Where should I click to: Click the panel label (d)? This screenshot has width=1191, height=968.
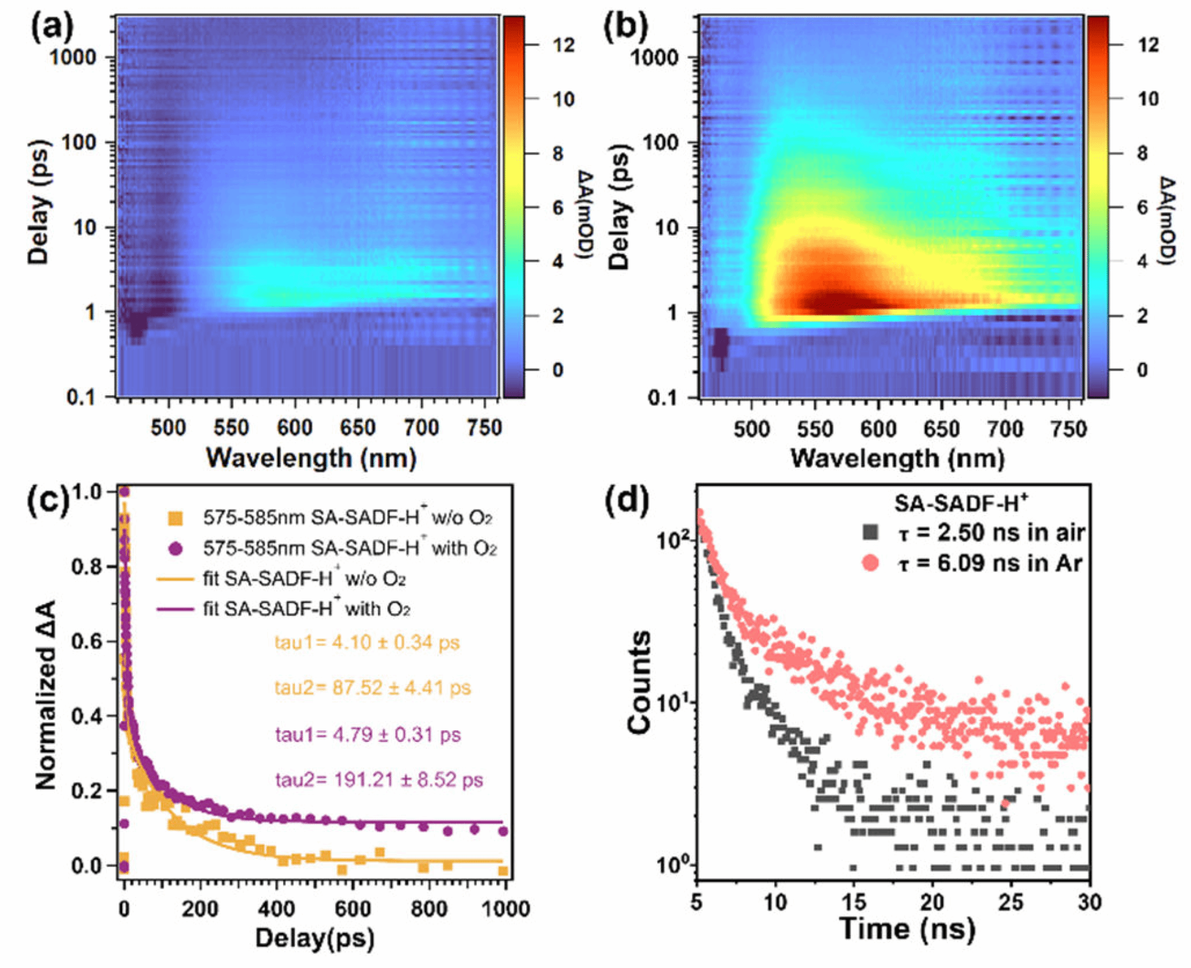(x=627, y=502)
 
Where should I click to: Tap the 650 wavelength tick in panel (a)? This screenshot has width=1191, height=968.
(x=358, y=428)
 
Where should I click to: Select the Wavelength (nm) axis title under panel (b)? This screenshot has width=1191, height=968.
(x=897, y=459)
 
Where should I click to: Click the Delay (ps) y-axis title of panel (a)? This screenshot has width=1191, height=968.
(x=38, y=202)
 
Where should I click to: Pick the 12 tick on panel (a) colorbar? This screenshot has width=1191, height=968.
(x=563, y=45)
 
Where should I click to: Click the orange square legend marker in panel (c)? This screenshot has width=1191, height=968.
(x=175, y=517)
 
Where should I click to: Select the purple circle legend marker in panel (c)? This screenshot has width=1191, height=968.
(x=175, y=548)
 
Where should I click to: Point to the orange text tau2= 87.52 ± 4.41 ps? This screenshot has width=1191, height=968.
(x=372, y=688)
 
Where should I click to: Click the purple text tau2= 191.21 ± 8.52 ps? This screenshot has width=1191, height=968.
(x=379, y=780)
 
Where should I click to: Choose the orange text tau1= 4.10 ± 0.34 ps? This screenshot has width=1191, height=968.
(x=367, y=643)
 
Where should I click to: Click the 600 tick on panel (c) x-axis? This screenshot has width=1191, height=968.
(x=352, y=908)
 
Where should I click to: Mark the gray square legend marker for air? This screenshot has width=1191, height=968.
(x=870, y=531)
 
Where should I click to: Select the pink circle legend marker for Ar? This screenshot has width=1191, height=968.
(x=870, y=563)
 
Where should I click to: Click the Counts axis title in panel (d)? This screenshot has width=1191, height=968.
(x=639, y=681)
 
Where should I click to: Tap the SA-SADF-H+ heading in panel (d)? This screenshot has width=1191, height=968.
(x=961, y=503)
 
